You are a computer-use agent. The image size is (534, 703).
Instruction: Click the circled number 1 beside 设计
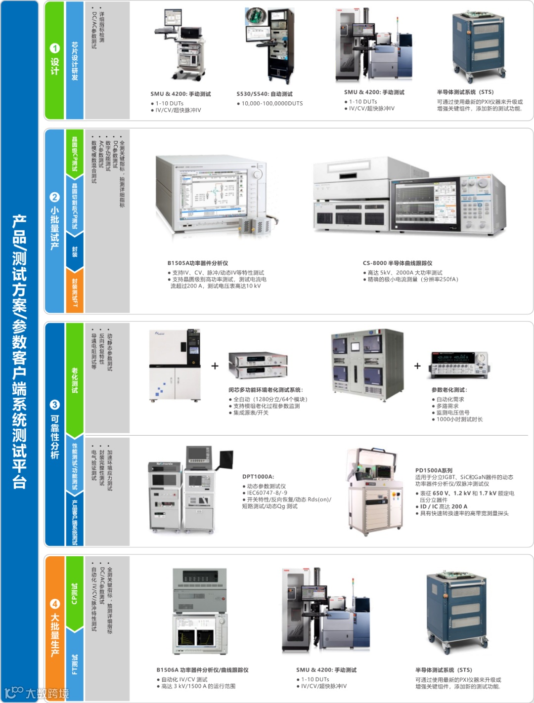(54, 48)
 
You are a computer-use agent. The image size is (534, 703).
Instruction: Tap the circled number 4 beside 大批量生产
(54, 604)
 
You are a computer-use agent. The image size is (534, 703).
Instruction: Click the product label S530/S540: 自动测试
(265, 94)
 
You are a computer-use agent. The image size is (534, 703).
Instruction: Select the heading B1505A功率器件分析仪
(197, 263)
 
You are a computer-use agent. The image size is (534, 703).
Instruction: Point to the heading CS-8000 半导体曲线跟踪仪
(397, 263)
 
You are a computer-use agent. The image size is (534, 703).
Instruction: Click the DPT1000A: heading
(258, 477)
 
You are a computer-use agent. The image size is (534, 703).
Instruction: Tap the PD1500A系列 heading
(434, 470)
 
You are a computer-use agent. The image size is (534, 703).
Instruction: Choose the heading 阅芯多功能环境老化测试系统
(266, 390)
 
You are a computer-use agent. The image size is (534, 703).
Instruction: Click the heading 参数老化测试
(449, 390)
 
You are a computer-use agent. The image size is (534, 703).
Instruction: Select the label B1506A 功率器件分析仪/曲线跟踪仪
(202, 670)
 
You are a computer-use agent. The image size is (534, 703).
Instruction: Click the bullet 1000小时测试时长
(459, 419)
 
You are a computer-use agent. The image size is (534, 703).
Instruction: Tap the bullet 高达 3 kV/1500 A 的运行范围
(198, 686)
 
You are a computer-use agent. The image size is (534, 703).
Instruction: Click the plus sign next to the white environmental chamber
(215, 366)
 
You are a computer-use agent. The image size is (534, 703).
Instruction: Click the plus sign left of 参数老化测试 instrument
(417, 366)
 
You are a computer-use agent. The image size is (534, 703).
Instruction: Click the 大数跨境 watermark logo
(37, 693)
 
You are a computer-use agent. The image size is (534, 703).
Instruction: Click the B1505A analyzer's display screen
(213, 193)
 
